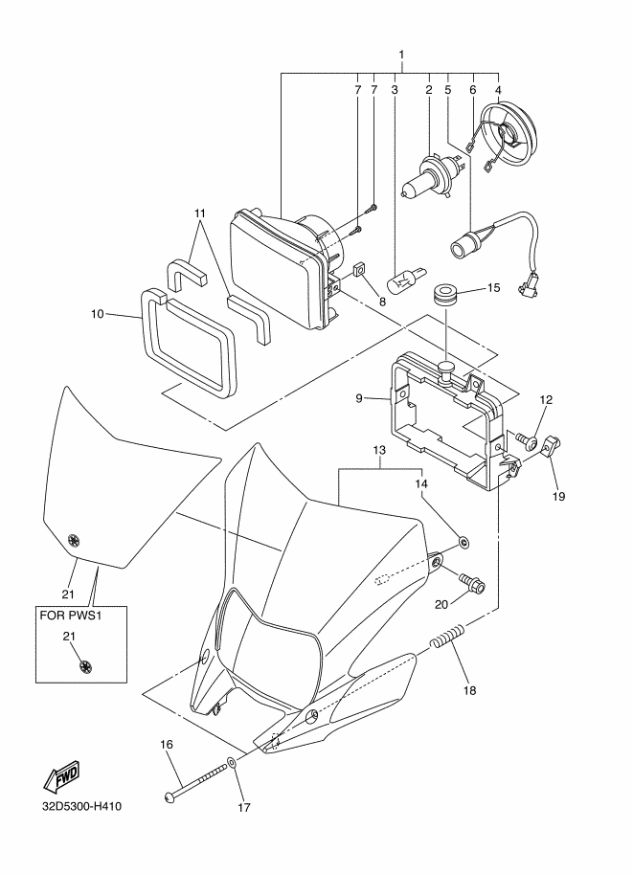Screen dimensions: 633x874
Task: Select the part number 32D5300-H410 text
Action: point(81,807)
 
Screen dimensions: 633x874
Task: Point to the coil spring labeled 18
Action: point(447,637)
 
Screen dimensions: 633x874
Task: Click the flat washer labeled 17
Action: point(232,763)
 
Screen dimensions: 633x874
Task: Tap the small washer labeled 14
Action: point(463,540)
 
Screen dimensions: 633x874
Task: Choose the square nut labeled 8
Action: point(360,270)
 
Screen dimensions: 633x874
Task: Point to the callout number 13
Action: point(378,450)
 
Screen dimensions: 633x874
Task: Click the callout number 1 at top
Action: point(401,55)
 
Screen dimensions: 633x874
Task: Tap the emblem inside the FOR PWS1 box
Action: point(85,665)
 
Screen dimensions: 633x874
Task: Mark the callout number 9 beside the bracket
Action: point(359,398)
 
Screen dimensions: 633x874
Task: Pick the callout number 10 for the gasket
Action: point(98,314)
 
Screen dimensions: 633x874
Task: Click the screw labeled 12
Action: point(527,440)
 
